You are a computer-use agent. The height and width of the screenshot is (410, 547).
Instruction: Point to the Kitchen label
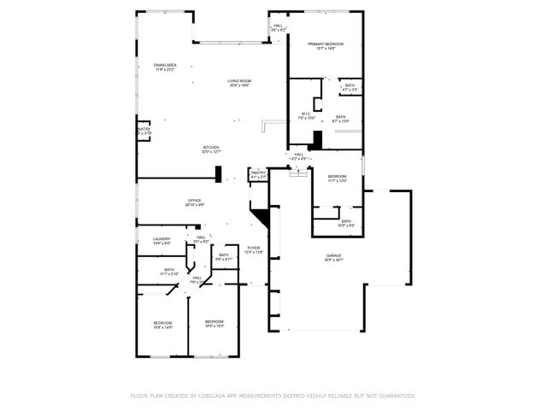coord(211,149)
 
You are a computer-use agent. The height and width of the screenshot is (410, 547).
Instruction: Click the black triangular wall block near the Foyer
coord(262,217)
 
